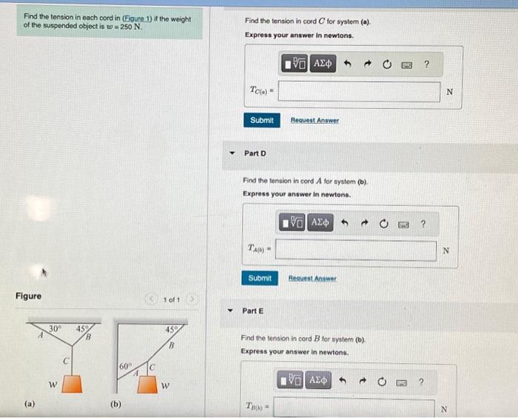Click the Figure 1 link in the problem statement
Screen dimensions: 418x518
pos(129,18)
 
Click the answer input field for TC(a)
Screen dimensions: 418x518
pos(359,92)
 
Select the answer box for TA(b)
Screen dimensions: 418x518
pos(356,251)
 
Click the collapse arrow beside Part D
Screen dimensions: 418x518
pos(232,153)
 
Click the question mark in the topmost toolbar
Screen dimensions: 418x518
pos(426,64)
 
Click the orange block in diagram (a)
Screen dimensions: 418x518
pos(71,384)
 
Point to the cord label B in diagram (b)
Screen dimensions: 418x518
pos(170,345)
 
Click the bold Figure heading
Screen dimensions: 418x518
pos(28,296)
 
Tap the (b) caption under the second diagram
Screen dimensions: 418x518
pos(116,405)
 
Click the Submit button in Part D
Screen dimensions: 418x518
pos(260,279)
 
